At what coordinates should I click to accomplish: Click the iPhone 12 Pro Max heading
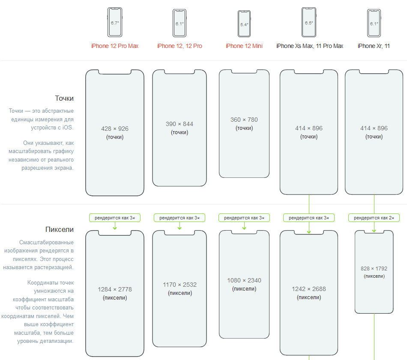click(115, 46)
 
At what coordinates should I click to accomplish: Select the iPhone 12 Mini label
click(244, 46)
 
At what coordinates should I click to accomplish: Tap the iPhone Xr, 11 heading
click(374, 46)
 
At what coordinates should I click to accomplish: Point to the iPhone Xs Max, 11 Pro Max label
click(310, 46)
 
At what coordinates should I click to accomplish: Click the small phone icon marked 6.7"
click(115, 22)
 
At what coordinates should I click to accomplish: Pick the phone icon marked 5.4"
click(244, 24)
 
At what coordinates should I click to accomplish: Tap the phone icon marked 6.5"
click(309, 22)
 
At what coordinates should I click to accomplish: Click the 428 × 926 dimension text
click(115, 129)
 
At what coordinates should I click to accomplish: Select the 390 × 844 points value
click(180, 124)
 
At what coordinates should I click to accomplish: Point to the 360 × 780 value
click(244, 120)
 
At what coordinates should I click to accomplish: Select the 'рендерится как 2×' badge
click(374, 218)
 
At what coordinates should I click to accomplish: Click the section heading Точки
click(64, 98)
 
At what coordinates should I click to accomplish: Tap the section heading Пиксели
click(60, 229)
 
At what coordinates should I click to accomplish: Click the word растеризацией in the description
click(55, 267)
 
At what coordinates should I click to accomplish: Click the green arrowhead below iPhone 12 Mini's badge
click(244, 228)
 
